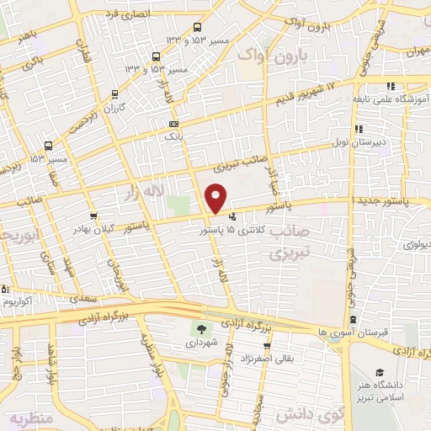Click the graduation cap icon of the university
click(380, 372)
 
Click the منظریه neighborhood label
click(31, 418)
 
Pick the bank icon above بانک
click(173, 124)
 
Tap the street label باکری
click(34, 61)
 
